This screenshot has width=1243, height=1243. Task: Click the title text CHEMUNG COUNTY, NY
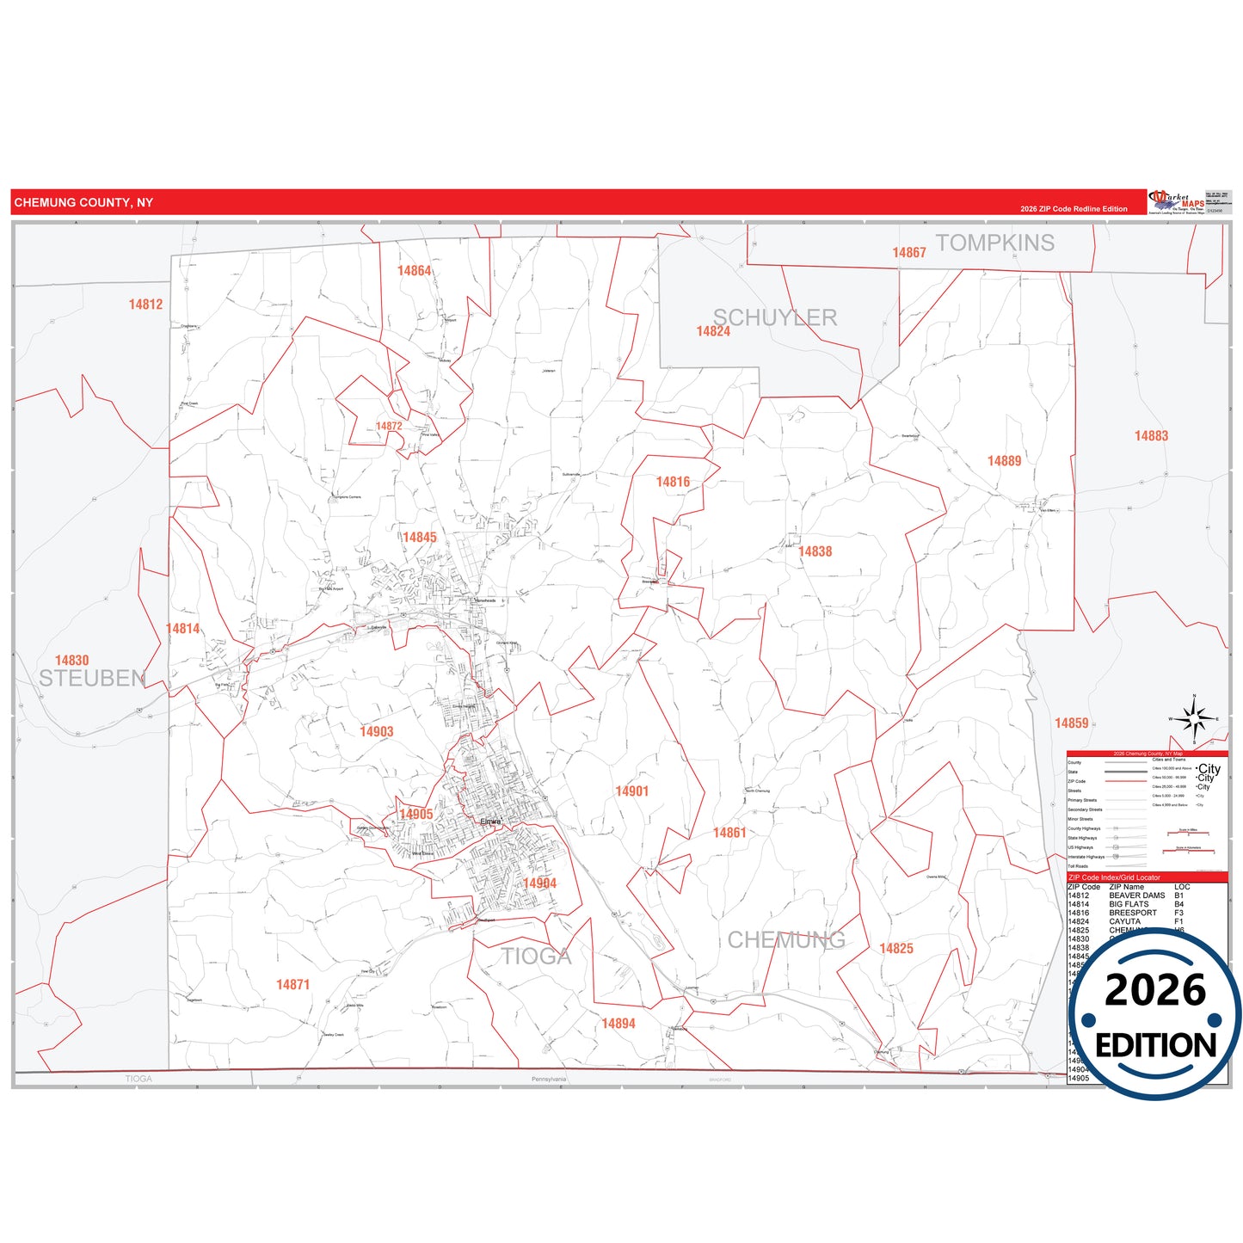click(x=83, y=203)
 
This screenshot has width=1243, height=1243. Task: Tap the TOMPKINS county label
click(x=994, y=243)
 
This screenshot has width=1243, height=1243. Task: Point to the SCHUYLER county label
click(x=775, y=317)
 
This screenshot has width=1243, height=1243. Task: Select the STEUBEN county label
click(x=92, y=679)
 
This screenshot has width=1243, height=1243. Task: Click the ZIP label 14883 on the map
click(x=1151, y=436)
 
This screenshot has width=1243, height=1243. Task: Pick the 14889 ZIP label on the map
click(x=1004, y=461)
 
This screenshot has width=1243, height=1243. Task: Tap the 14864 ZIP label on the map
click(x=414, y=271)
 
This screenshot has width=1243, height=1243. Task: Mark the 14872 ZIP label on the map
click(x=389, y=427)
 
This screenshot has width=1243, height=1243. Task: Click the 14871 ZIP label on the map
click(x=292, y=985)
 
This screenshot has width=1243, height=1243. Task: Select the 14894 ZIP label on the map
click(x=618, y=1024)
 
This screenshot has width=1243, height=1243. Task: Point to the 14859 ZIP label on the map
click(x=1072, y=723)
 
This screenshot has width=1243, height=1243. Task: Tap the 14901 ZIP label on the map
click(x=631, y=791)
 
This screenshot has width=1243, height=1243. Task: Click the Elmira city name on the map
click(x=490, y=821)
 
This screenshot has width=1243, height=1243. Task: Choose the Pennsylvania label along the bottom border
click(x=549, y=1079)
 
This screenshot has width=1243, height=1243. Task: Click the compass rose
click(x=1194, y=718)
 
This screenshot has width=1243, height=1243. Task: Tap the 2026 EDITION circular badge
click(x=1155, y=1015)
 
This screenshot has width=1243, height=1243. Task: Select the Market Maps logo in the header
click(x=1177, y=202)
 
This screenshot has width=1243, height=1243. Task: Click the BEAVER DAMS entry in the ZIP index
click(x=1136, y=895)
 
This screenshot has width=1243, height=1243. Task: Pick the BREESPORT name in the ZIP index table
click(x=1133, y=913)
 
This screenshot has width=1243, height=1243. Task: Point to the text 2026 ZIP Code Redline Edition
click(x=1074, y=209)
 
